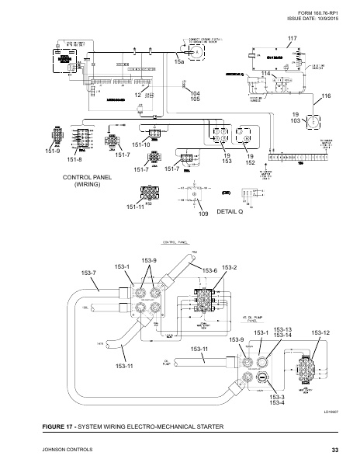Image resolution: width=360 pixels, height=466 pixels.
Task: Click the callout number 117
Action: coord(292,38)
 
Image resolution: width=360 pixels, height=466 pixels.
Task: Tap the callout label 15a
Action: coord(179,61)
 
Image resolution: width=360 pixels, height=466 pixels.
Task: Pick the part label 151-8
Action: coord(74,160)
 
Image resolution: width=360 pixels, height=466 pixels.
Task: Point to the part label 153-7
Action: coord(89,273)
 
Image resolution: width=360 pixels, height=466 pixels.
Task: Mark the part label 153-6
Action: coord(210,270)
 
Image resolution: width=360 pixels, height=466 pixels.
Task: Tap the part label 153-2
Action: coord(230,267)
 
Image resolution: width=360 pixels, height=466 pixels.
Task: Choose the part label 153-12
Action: coord(320,332)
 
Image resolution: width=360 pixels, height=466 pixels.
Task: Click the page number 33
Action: coord(334,450)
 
